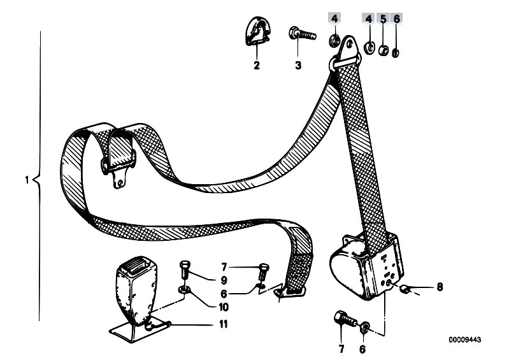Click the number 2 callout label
(x=257, y=65)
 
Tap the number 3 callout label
(x=298, y=65)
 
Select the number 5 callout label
(x=384, y=19)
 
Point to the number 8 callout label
(x=440, y=287)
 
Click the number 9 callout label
(x=224, y=280)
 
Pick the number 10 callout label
(x=224, y=306)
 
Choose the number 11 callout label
(x=224, y=324)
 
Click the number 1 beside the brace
(x=27, y=180)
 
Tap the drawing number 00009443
(x=465, y=340)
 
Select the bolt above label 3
(x=302, y=33)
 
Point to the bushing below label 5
(x=384, y=50)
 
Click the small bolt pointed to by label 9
(x=184, y=269)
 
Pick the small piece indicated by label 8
(x=405, y=287)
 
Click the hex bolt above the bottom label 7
(x=345, y=319)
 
